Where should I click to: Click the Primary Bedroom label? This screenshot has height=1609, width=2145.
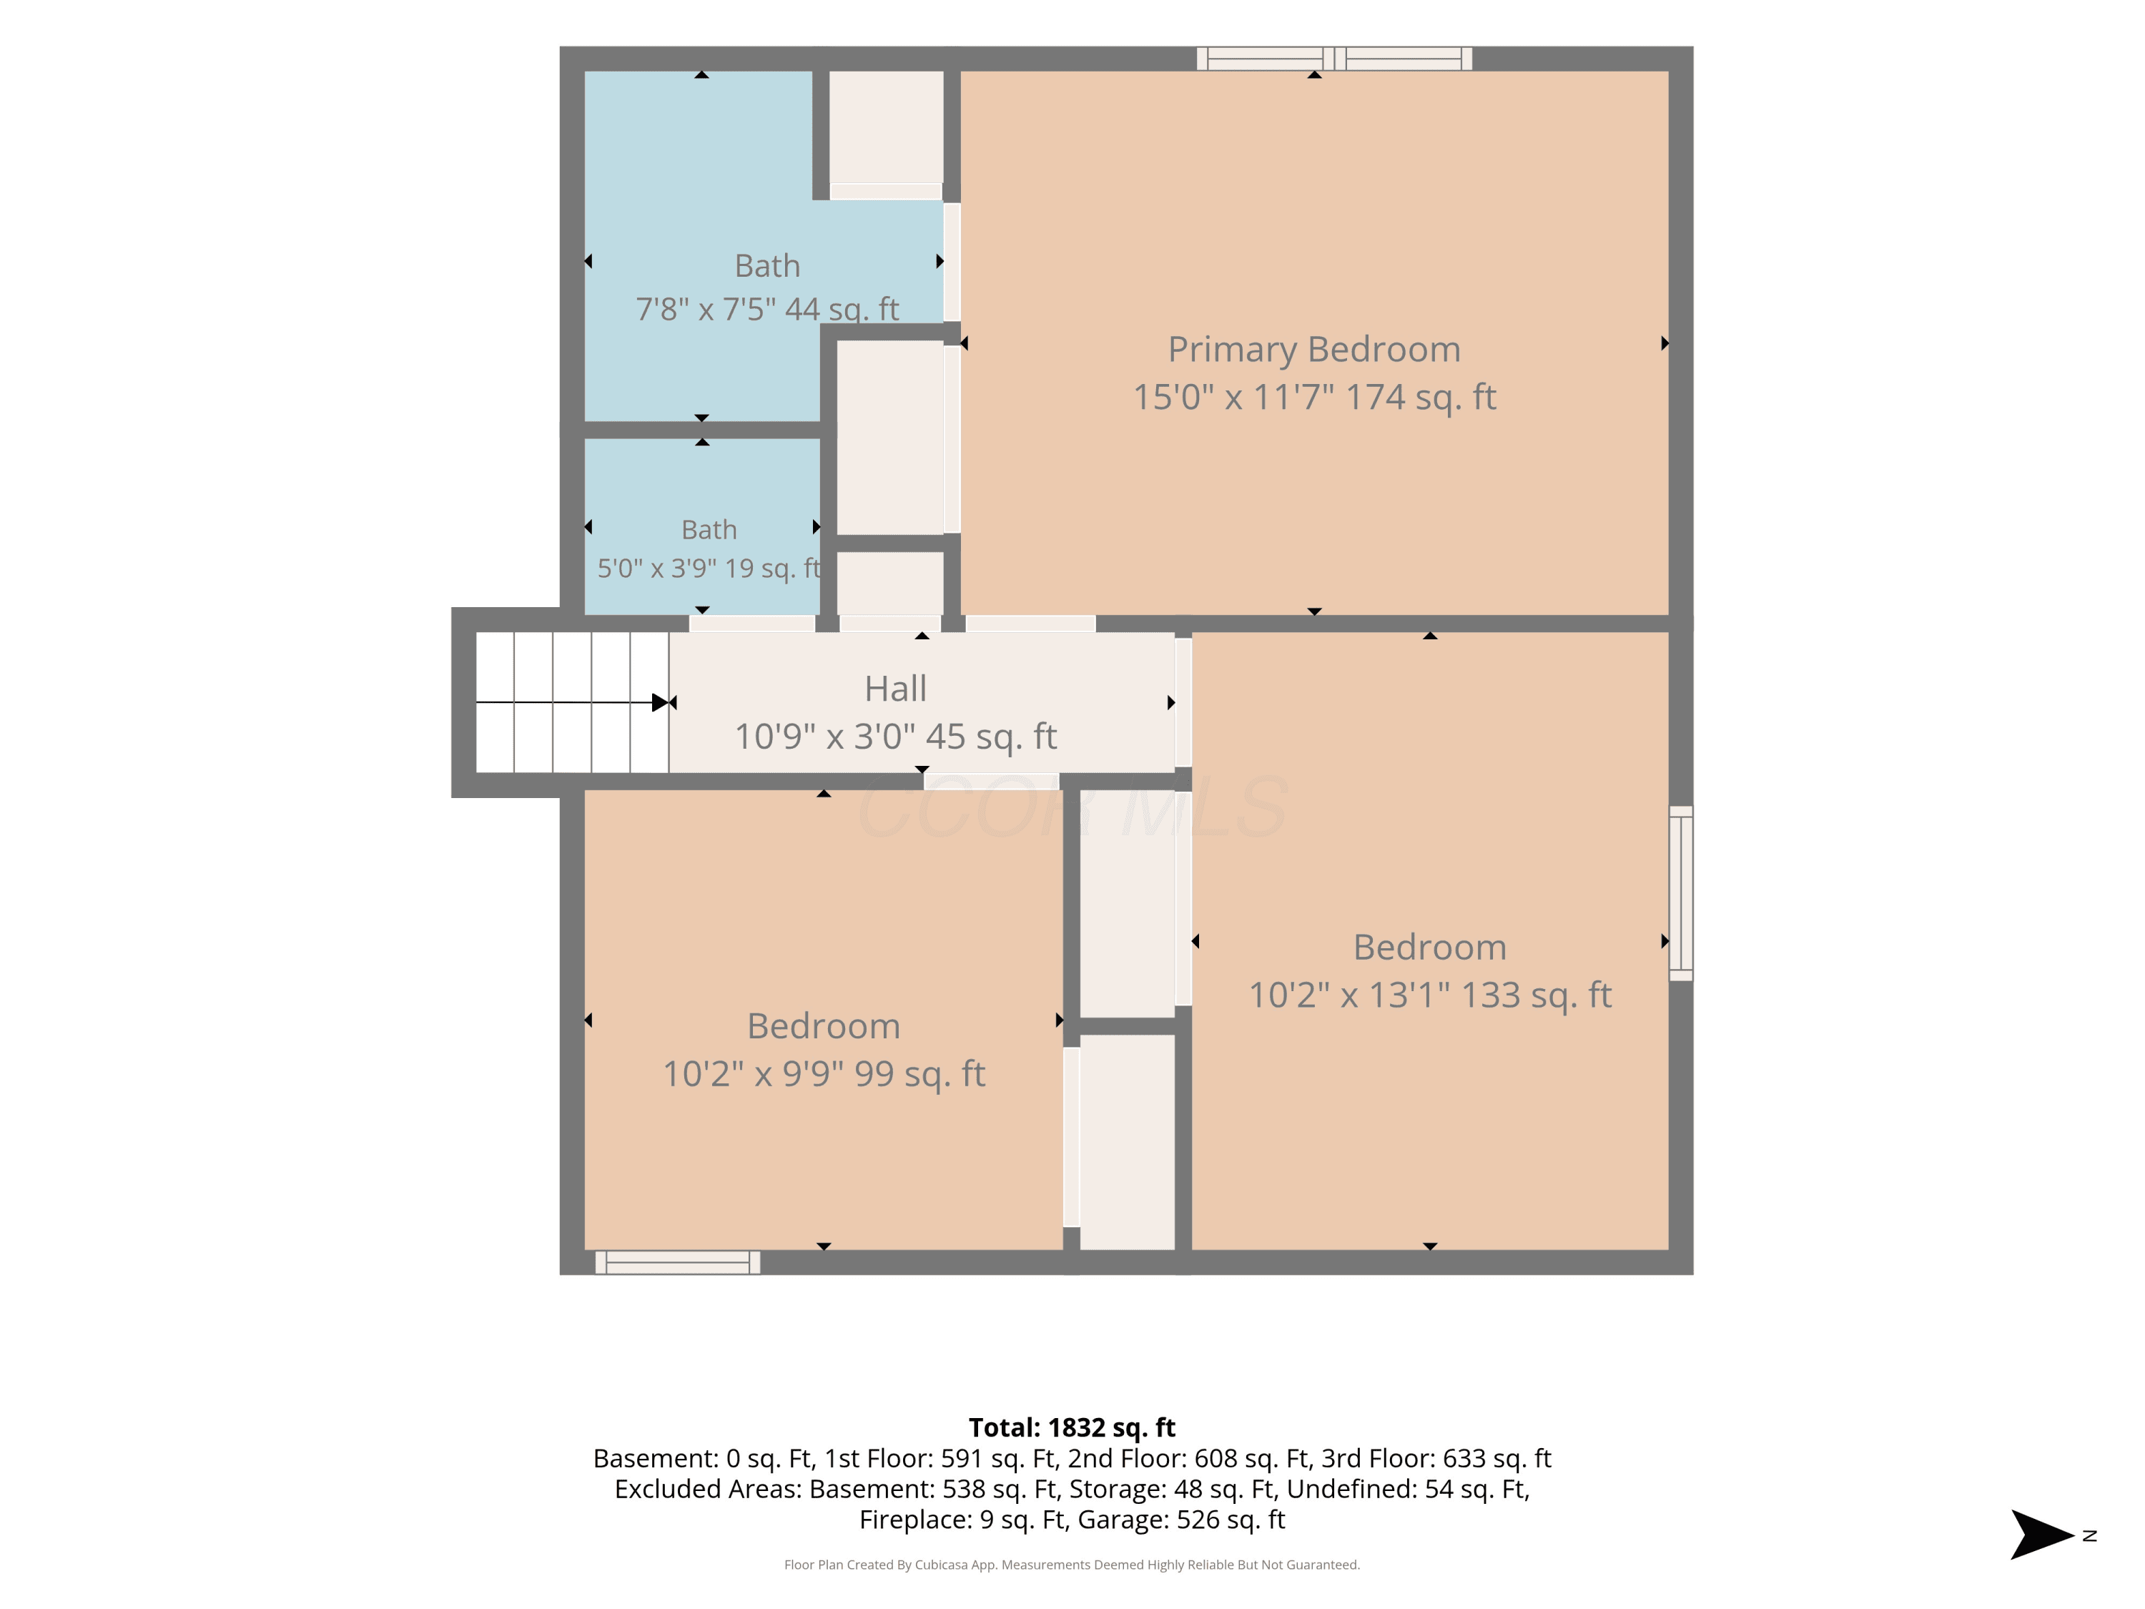1314,349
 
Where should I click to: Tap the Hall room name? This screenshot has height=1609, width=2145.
895,689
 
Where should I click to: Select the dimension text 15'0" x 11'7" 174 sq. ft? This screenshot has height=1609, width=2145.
1314,397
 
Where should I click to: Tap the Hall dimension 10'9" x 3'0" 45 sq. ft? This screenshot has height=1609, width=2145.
895,736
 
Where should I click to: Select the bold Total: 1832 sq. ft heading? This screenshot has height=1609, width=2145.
1072,1427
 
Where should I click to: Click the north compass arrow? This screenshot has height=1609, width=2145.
2041,1535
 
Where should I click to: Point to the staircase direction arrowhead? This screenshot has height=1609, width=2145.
661,702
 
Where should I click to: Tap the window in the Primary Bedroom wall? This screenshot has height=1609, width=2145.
1334,58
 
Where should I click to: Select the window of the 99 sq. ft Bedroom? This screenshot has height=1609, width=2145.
677,1261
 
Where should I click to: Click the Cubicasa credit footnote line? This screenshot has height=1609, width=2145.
1072,1565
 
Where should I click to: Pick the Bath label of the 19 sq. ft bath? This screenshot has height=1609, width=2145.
709,530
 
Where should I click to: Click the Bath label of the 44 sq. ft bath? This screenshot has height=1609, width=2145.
767,266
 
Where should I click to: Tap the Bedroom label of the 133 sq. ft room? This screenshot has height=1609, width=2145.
1429,947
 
